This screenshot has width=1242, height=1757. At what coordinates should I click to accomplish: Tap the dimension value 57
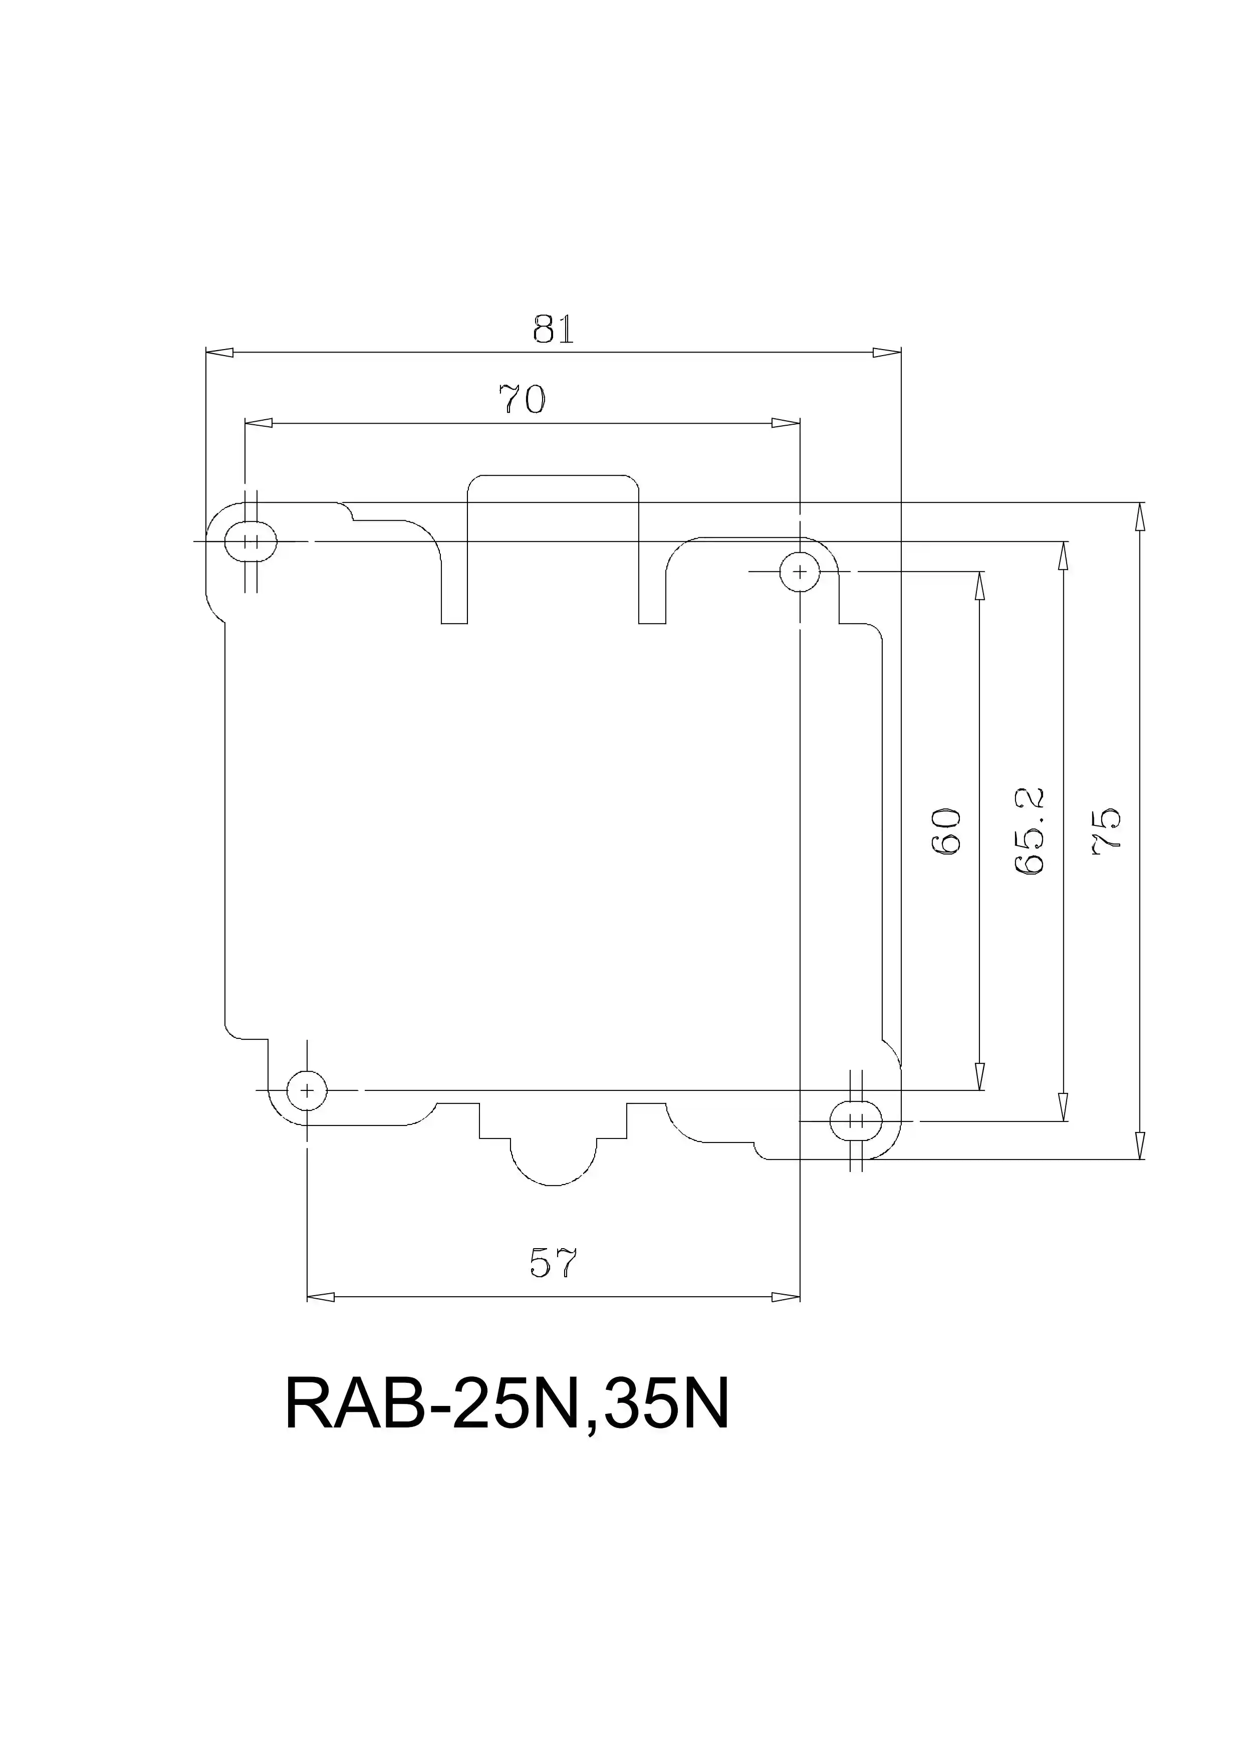tap(553, 1264)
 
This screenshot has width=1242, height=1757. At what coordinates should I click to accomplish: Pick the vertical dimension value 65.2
tap(1030, 832)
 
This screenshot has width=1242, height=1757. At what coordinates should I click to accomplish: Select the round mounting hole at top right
tap(800, 571)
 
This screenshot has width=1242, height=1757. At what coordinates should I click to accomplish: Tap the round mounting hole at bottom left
tap(307, 1090)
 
